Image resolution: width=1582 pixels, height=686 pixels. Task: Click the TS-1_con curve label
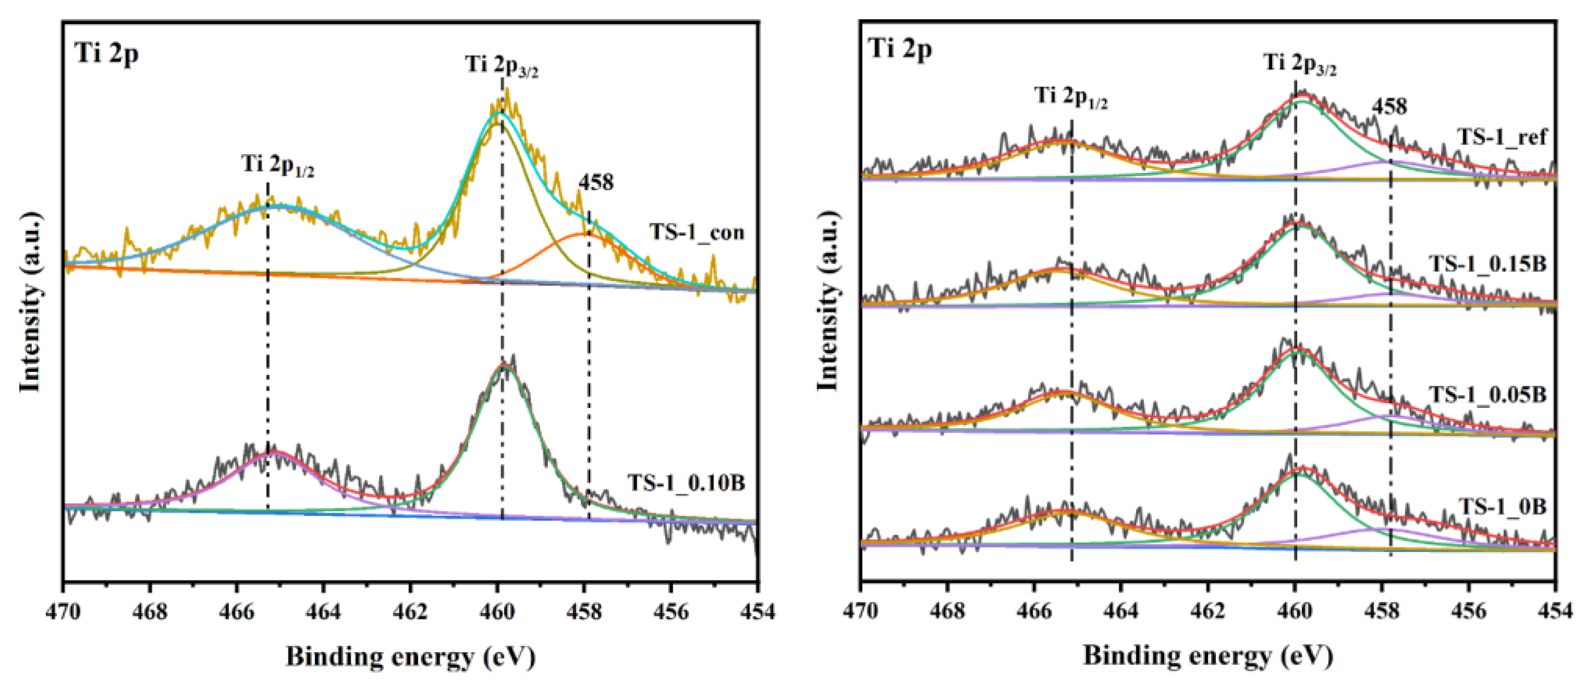pos(696,233)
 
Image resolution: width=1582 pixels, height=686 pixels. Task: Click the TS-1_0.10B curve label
pos(686,483)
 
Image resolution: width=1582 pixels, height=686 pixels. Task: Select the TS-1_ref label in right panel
pos(1502,136)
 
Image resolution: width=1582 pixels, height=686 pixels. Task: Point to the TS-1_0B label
pos(1502,506)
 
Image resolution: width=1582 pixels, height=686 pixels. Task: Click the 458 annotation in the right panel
pos(1389,107)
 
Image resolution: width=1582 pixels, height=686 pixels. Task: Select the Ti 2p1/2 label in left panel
pos(278,165)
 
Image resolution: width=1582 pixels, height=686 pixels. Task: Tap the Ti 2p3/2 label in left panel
pos(502,65)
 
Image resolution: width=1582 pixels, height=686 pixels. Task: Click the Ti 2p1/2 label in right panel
pos(1071,96)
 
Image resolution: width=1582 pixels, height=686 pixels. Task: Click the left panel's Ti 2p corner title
pos(106,53)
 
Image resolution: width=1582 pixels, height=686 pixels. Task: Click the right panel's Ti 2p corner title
pos(900,48)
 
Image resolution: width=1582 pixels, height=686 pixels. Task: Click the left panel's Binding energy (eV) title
pos(410,656)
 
